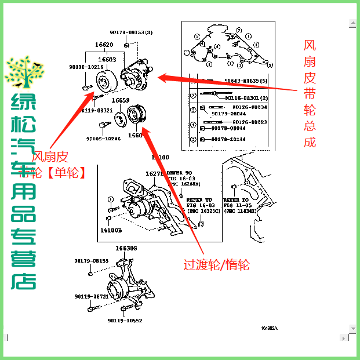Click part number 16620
click(x=104, y=45)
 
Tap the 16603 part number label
click(x=107, y=59)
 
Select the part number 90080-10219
click(x=85, y=67)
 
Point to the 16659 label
click(x=121, y=100)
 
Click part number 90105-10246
click(x=103, y=139)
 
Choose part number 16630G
click(x=126, y=248)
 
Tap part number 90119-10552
click(x=123, y=320)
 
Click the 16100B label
click(x=111, y=230)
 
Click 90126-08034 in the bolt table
click(x=250, y=107)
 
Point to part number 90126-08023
click(x=250, y=122)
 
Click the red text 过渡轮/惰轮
click(x=216, y=265)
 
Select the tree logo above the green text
click(x=24, y=74)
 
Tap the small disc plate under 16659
click(x=121, y=120)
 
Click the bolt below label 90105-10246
click(x=103, y=124)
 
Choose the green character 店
click(x=24, y=280)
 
